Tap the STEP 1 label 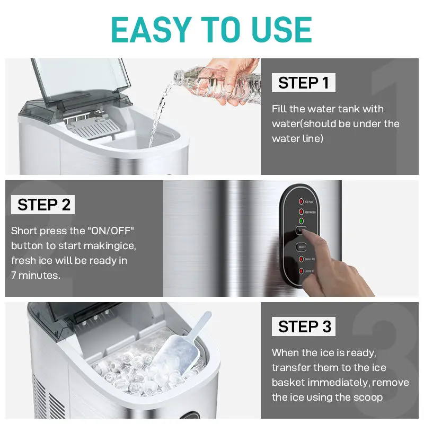(x=303, y=83)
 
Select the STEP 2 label (x=43, y=205)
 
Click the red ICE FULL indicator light (x=301, y=201)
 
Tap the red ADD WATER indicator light (x=301, y=211)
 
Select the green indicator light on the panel (x=301, y=220)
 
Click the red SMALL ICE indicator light (x=301, y=259)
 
